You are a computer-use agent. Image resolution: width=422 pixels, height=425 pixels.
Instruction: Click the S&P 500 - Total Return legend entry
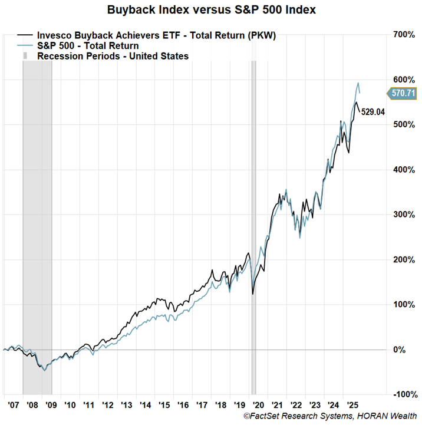pos(88,45)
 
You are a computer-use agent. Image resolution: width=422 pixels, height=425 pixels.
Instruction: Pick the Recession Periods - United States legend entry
pos(112,56)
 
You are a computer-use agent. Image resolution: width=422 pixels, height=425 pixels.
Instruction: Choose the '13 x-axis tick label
pos(126,406)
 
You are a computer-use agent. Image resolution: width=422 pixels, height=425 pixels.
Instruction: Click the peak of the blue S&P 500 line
pos(358,83)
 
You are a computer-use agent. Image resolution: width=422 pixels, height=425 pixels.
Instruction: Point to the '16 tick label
pos(182,406)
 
